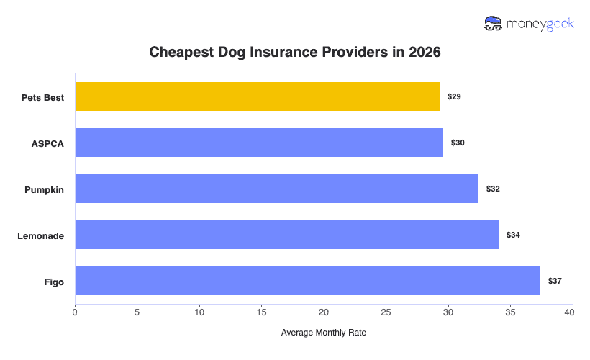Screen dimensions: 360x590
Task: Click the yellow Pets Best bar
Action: (257, 96)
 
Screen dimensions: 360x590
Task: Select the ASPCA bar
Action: (259, 143)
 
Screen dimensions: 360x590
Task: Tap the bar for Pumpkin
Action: (276, 189)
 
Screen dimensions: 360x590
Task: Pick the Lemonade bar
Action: (286, 235)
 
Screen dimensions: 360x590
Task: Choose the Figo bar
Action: (307, 281)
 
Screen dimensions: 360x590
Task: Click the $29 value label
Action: (454, 96)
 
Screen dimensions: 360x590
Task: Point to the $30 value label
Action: (458, 143)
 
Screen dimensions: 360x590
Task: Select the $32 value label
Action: (493, 189)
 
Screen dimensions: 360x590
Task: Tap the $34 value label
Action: (513, 235)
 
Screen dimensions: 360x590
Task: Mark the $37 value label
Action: (555, 281)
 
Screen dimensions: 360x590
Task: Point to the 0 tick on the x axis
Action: (75, 312)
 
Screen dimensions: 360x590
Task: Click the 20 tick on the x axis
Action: (324, 312)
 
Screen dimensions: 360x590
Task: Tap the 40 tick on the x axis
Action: (573, 312)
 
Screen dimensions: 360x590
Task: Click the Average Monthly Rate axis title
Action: (324, 333)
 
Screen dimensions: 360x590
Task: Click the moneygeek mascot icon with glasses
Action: (494, 24)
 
